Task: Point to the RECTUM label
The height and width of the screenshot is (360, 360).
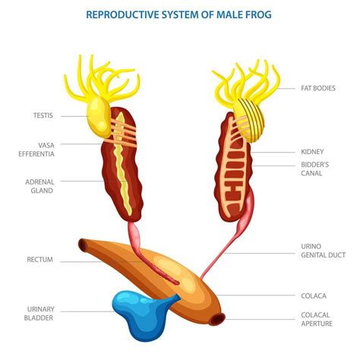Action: click(x=39, y=260)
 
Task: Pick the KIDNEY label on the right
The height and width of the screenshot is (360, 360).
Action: click(x=313, y=151)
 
